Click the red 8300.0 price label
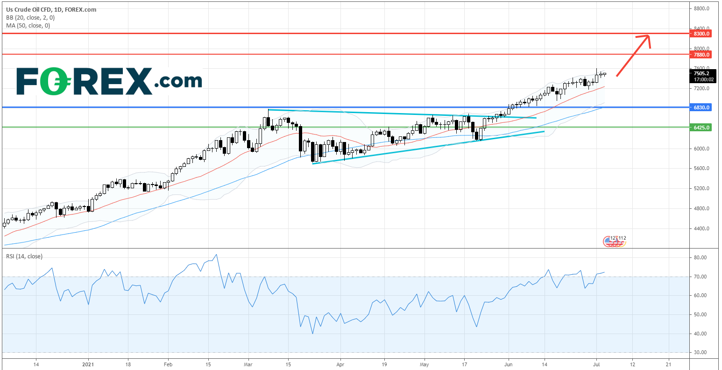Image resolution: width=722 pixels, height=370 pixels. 702,34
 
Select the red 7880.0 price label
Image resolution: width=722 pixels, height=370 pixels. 702,55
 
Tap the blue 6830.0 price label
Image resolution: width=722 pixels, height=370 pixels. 702,107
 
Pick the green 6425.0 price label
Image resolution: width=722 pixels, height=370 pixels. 702,128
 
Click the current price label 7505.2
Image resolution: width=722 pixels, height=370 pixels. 701,73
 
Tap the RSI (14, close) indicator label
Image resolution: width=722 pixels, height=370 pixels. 24,256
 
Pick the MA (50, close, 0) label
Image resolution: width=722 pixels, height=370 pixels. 28,25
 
